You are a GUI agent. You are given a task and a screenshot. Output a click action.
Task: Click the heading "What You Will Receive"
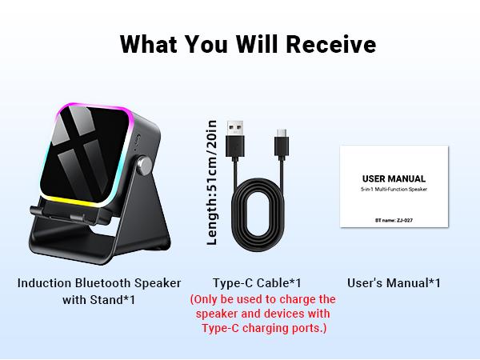pyautogui.click(x=247, y=44)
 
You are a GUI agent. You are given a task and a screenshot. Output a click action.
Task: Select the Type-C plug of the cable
pyautogui.click(x=282, y=143)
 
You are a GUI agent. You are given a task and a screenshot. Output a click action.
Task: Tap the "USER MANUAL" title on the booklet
pyautogui.click(x=394, y=178)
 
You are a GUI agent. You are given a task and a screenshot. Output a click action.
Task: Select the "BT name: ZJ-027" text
pyautogui.click(x=394, y=215)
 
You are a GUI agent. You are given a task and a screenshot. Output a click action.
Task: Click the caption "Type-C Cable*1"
pyautogui.click(x=257, y=282)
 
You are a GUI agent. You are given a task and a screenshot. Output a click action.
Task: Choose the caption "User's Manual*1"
pyautogui.click(x=394, y=282)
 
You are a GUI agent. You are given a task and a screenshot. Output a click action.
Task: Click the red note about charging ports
pyautogui.click(x=262, y=314)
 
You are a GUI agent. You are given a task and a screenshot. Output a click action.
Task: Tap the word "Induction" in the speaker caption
pyautogui.click(x=45, y=282)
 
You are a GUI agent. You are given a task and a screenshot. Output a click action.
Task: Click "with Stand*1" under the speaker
pyautogui.click(x=98, y=300)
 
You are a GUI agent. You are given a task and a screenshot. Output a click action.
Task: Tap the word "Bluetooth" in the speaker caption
pyautogui.click(x=104, y=282)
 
